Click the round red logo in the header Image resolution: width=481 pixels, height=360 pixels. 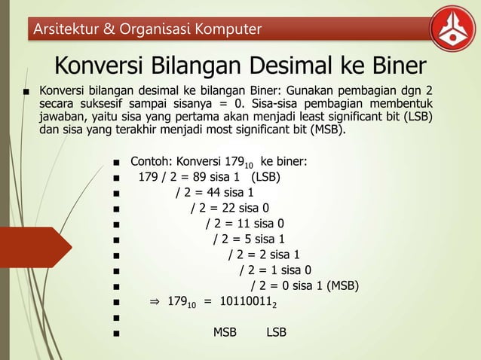[452, 29]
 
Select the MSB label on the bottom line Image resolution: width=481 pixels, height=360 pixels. [225, 332]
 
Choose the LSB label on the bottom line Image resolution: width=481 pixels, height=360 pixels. [276, 332]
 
